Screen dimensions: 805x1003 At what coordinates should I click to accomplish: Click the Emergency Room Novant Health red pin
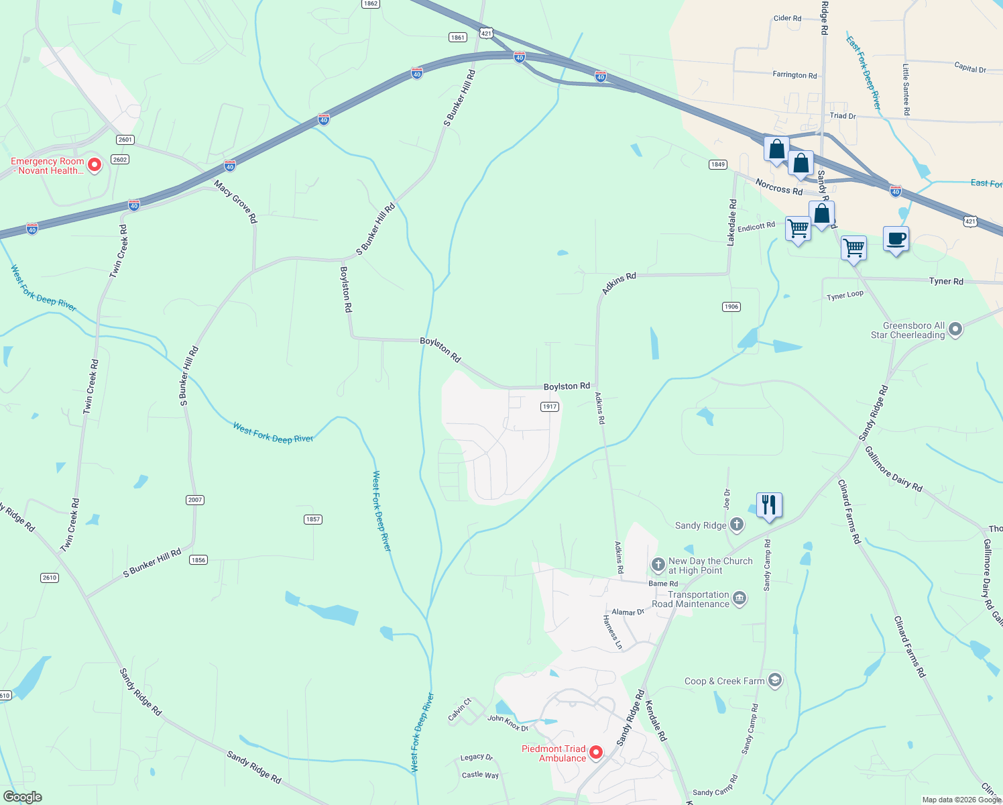click(95, 164)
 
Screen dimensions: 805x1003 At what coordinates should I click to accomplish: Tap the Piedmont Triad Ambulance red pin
click(596, 753)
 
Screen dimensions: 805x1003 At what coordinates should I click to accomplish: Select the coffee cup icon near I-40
click(896, 239)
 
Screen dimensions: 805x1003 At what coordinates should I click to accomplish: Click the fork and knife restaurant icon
click(769, 504)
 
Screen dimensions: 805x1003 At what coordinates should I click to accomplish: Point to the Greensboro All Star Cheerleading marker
click(955, 329)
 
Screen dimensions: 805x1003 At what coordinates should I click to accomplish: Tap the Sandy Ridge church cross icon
click(737, 525)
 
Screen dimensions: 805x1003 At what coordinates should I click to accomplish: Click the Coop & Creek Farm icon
click(775, 680)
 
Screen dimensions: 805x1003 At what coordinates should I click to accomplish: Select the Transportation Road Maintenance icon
click(739, 598)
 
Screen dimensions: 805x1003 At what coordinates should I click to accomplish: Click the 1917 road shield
click(549, 407)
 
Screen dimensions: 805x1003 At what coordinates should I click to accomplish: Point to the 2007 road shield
click(194, 500)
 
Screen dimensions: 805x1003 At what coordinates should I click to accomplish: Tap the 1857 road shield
click(313, 519)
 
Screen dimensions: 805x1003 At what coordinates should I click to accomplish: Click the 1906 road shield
click(731, 307)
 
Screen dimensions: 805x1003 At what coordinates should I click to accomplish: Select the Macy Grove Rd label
click(236, 201)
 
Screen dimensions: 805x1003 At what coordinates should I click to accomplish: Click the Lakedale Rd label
click(732, 222)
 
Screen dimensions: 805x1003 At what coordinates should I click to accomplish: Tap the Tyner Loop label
click(845, 296)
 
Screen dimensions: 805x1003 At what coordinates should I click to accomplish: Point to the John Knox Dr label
click(508, 723)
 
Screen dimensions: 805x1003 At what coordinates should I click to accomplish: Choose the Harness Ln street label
click(613, 632)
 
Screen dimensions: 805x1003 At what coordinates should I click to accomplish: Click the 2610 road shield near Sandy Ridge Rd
click(50, 578)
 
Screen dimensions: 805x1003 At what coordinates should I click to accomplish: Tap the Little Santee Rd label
click(906, 89)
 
